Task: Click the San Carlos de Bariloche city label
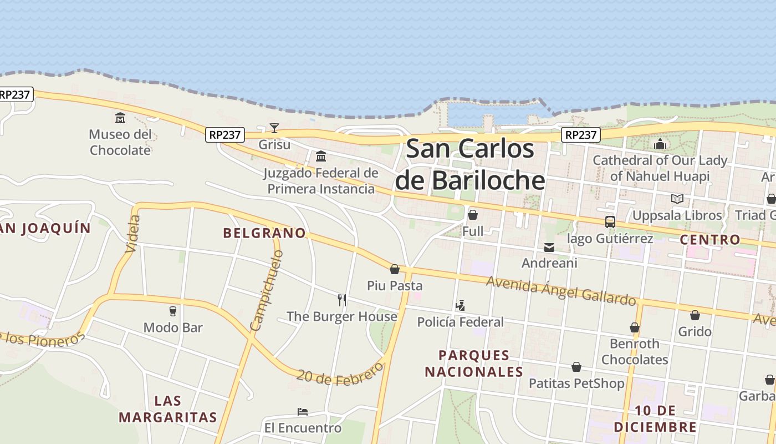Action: click(x=470, y=165)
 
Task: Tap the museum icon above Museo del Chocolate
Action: click(x=120, y=118)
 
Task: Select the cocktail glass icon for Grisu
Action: click(x=274, y=128)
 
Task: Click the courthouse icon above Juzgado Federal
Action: click(x=320, y=156)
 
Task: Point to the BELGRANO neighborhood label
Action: click(x=264, y=233)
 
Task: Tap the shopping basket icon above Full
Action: click(x=473, y=215)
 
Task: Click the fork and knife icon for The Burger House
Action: click(x=342, y=300)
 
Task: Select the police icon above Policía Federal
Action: click(x=460, y=305)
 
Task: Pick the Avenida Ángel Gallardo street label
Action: click(x=561, y=291)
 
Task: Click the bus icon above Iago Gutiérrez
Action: click(x=610, y=222)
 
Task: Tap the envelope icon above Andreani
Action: click(x=549, y=248)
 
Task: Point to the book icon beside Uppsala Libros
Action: click(x=677, y=199)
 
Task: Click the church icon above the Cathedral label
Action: click(x=660, y=144)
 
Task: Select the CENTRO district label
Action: click(x=710, y=240)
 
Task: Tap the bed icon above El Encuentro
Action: click(x=303, y=412)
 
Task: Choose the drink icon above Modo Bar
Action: click(x=173, y=311)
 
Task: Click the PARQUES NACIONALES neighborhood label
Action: click(x=474, y=364)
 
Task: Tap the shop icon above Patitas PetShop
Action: click(x=576, y=367)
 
